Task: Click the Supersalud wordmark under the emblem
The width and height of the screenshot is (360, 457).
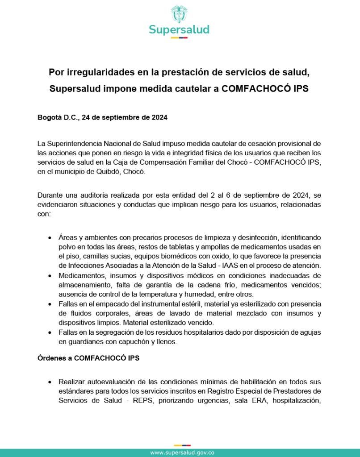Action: pos(179,30)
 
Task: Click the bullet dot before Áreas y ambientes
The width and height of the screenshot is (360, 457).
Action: pos(50,238)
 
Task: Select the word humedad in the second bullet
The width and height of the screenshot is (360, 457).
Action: pos(201,294)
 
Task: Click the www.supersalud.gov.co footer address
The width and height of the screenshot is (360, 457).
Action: pos(182,452)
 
